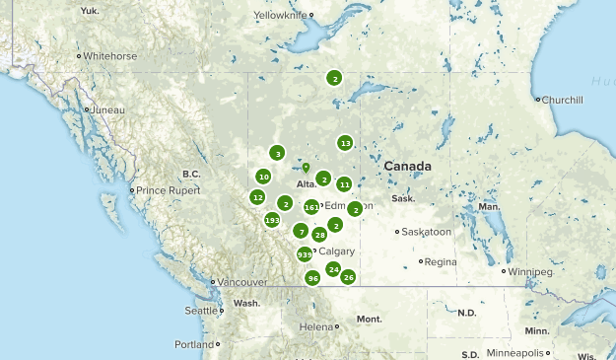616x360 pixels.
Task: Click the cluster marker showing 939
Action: click(305, 255)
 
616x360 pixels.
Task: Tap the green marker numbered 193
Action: click(272, 219)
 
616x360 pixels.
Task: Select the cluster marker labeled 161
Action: click(311, 207)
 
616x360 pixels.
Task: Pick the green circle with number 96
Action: click(312, 278)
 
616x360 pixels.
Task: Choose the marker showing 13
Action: click(345, 143)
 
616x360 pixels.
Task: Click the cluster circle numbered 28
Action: click(319, 235)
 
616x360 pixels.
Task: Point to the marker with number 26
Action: click(348, 277)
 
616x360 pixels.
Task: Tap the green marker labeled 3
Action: click(278, 154)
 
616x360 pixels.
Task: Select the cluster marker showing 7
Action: click(302, 231)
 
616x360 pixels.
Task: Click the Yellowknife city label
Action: click(280, 16)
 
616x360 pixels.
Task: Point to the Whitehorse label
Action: click(109, 56)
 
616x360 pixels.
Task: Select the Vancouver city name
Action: click(241, 282)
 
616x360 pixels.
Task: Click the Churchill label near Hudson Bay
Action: click(562, 100)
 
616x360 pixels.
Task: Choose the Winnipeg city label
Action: click(531, 271)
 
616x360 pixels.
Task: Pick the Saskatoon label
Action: click(427, 232)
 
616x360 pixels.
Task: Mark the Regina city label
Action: click(441, 261)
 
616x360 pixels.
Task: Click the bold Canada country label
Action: click(408, 166)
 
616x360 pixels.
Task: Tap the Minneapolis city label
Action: click(513, 352)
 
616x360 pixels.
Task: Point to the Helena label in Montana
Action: click(316, 326)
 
